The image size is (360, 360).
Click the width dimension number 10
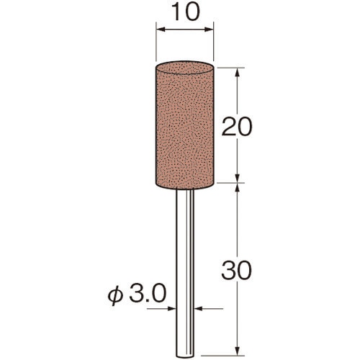click(186, 12)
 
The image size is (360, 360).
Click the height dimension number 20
click(237, 127)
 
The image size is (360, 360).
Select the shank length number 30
click(237, 271)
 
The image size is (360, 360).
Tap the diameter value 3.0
click(148, 293)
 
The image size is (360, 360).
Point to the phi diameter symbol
click(115, 296)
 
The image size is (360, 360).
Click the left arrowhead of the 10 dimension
click(161, 30)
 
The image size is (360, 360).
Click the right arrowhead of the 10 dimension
click(209, 30)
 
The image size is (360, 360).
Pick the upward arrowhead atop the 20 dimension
click(238, 73)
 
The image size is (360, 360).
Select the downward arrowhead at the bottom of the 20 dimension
click(238, 178)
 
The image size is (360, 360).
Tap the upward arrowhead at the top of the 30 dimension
click(238, 187)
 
